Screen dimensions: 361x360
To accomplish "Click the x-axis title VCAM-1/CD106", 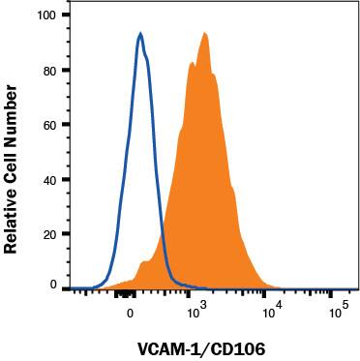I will click(x=199, y=346).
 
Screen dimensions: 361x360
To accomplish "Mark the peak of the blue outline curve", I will click(x=141, y=34).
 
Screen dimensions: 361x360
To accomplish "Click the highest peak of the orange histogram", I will click(x=205, y=34).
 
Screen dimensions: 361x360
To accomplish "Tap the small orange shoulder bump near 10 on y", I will click(x=145, y=261).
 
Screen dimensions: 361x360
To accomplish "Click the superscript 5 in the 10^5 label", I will click(x=344, y=306).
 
